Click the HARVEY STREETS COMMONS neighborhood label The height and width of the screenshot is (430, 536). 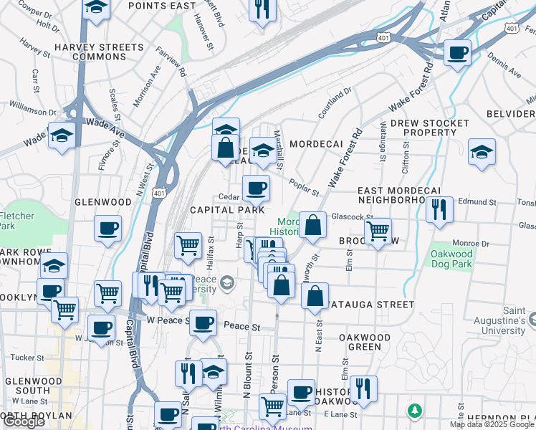(x=99, y=52)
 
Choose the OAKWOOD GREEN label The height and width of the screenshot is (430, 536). (x=365, y=342)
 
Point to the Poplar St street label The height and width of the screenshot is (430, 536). (x=305, y=188)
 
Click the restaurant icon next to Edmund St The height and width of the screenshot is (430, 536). (x=438, y=209)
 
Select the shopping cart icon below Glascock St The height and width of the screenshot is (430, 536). (x=378, y=231)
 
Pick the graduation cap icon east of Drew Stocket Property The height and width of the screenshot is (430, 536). (x=482, y=151)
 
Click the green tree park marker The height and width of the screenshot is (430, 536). (x=413, y=411)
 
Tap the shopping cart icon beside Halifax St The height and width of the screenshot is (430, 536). (x=188, y=244)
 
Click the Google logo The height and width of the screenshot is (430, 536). (x=24, y=421)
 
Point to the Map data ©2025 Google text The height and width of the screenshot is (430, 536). (x=492, y=424)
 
